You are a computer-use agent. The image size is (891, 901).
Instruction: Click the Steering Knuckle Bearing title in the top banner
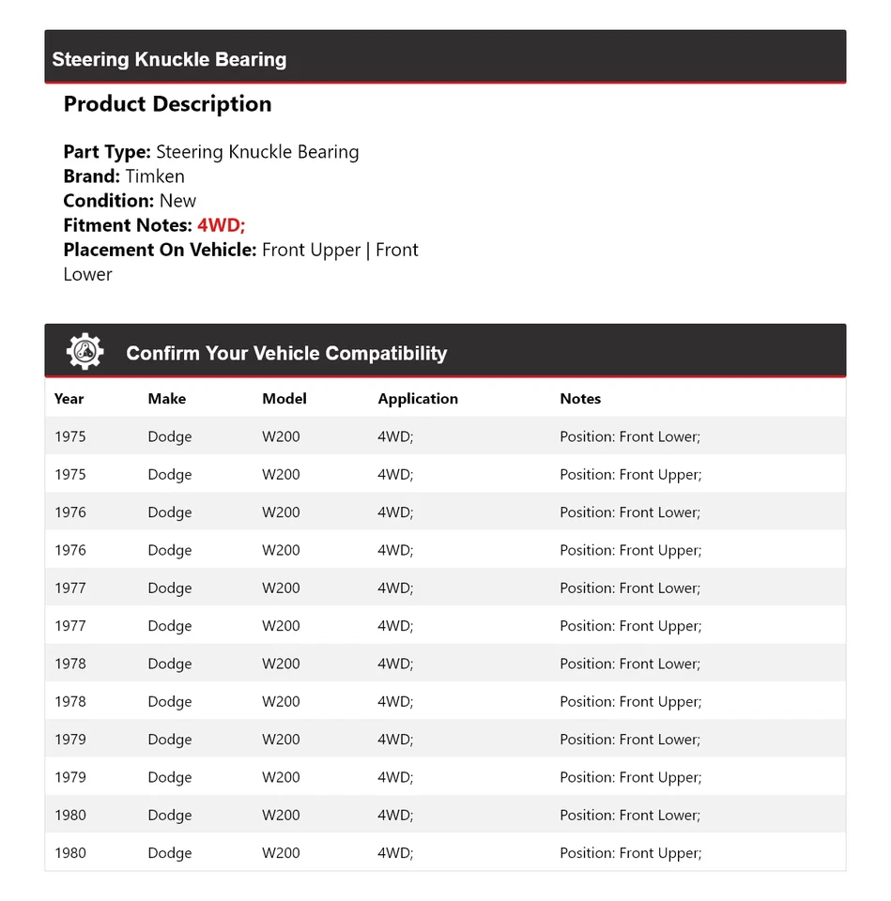click(169, 59)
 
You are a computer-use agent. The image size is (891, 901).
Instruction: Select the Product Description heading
click(167, 104)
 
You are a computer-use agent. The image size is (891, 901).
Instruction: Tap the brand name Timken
click(155, 176)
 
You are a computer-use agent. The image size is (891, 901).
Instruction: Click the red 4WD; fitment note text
click(221, 225)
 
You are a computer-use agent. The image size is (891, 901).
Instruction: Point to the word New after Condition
click(177, 201)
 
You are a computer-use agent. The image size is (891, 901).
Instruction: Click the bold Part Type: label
click(106, 152)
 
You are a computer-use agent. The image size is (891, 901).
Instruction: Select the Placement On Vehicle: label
click(160, 250)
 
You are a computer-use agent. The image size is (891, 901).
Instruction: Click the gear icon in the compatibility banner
click(84, 352)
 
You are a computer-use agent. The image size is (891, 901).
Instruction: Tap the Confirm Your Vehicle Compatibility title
click(286, 353)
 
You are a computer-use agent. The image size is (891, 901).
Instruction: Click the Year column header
click(69, 399)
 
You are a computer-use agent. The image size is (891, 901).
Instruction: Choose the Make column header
click(166, 399)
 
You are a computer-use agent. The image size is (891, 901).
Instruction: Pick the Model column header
click(284, 399)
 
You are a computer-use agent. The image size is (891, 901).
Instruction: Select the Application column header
click(418, 399)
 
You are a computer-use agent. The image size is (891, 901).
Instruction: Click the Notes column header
click(580, 399)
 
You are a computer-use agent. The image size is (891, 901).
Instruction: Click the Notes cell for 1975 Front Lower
click(630, 436)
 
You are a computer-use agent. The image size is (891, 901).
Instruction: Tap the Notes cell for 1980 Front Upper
click(630, 853)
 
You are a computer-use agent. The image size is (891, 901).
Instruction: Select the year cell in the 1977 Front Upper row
click(69, 626)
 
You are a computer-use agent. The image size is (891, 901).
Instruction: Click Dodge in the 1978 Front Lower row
click(169, 664)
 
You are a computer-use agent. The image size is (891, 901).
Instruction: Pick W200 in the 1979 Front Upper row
click(281, 777)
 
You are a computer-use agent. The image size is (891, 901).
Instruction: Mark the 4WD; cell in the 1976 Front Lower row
click(395, 512)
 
